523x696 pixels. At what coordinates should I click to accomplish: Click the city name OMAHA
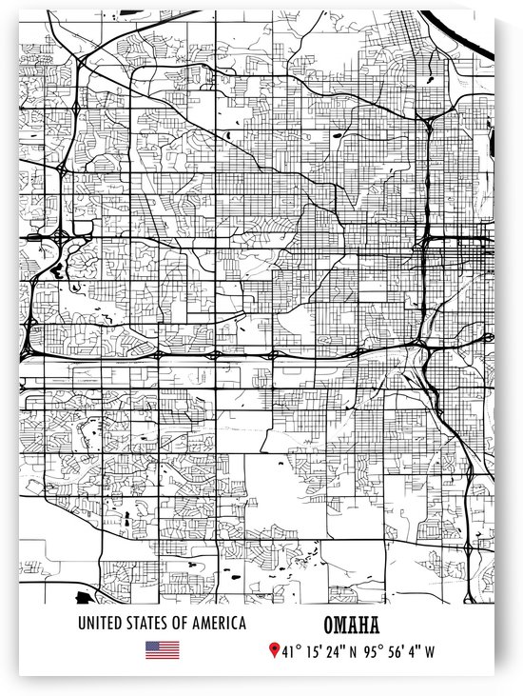pos(351,626)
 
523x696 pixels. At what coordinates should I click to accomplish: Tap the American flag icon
pos(163,650)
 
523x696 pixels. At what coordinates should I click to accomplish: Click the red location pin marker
pos(275,650)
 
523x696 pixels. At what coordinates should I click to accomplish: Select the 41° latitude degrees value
pos(291,651)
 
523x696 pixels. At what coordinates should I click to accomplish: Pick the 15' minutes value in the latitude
pos(317,651)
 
